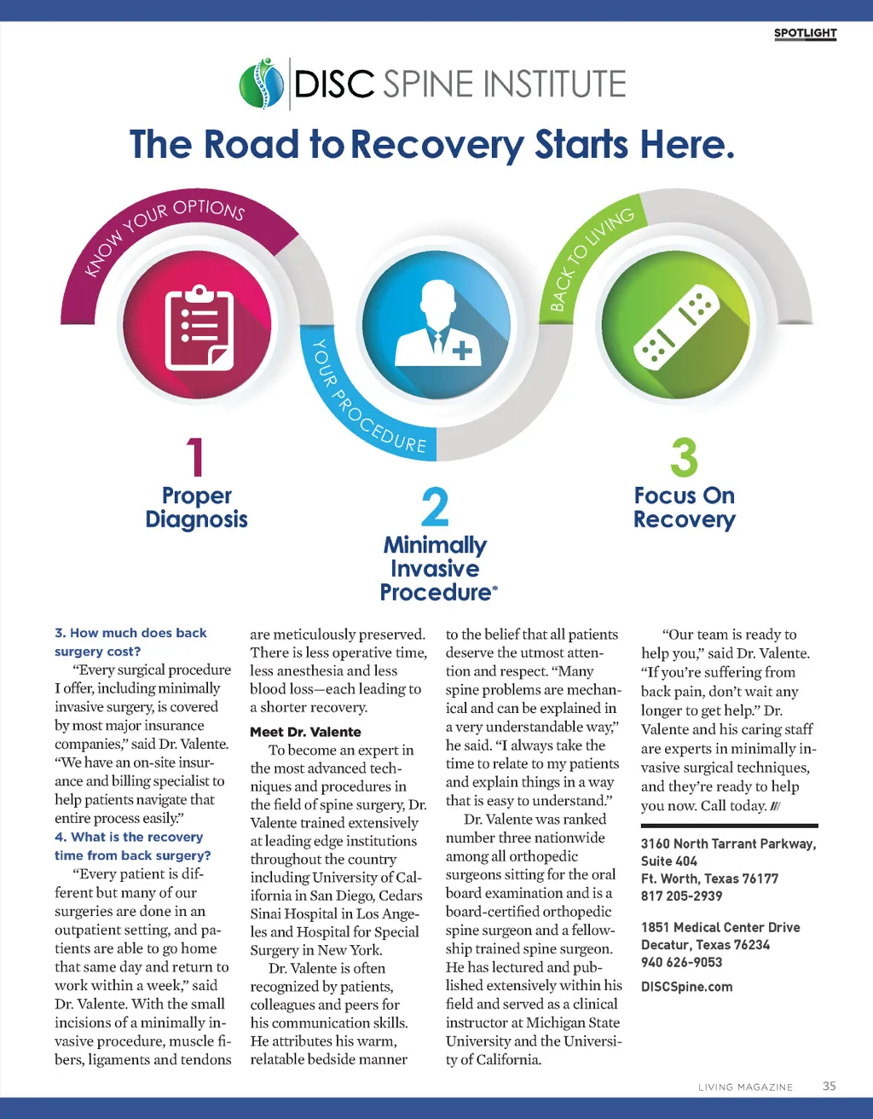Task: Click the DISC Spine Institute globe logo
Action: pos(262,83)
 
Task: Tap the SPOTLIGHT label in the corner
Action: pos(805,33)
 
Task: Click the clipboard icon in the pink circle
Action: pos(199,328)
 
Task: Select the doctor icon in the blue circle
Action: pos(438,323)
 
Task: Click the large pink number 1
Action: pos(195,457)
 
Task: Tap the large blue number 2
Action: pos(435,507)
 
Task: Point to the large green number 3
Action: pos(684,457)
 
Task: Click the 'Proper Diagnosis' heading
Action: pos(197,507)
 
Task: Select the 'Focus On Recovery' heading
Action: pos(685,507)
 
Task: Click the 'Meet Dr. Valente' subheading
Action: pos(305,732)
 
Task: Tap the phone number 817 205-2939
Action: pos(681,896)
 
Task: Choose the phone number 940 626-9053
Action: pos(681,962)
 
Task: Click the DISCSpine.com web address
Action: pos(686,987)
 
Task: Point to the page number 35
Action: pos(829,1086)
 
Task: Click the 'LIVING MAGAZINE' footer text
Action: pos(745,1087)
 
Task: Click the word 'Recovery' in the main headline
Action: pos(437,145)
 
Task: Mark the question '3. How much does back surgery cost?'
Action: pos(130,642)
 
